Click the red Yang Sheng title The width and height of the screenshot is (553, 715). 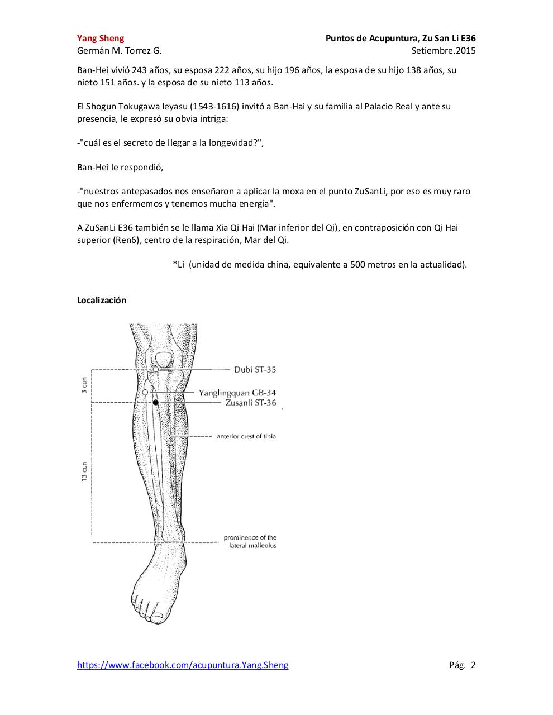tap(101, 39)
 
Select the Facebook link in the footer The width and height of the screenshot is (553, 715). tap(183, 665)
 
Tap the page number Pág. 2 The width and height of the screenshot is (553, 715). tap(462, 665)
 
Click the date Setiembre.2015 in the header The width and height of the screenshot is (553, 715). tap(444, 51)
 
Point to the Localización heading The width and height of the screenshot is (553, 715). tap(102, 301)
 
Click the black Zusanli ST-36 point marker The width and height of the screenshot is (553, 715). tap(156, 402)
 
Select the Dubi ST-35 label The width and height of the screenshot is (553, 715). tap(255, 370)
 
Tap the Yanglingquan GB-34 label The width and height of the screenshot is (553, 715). tap(237, 393)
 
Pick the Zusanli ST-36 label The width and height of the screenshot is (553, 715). tap(251, 403)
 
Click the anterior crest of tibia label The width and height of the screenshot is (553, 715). tap(246, 436)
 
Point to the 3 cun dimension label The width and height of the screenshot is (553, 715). tap(84, 385)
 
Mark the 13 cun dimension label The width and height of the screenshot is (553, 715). tap(84, 471)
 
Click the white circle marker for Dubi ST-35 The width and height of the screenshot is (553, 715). tap(156, 369)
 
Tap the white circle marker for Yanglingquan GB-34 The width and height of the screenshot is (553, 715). tap(145, 392)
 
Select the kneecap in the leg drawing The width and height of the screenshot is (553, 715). tap(164, 358)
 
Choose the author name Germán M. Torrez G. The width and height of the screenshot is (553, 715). tap(119, 51)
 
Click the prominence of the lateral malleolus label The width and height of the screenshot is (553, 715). tap(250, 541)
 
